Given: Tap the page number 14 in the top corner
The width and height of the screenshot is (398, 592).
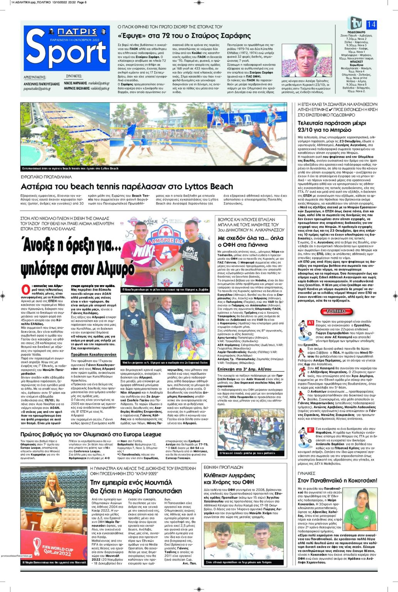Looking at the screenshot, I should [371, 24].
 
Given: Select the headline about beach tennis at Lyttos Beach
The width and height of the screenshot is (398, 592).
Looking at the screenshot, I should [127, 187].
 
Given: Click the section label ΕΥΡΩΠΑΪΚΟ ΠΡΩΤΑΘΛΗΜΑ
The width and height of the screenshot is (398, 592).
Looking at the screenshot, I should [46, 177].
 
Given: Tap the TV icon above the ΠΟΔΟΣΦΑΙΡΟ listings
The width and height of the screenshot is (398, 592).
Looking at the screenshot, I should [355, 23].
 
